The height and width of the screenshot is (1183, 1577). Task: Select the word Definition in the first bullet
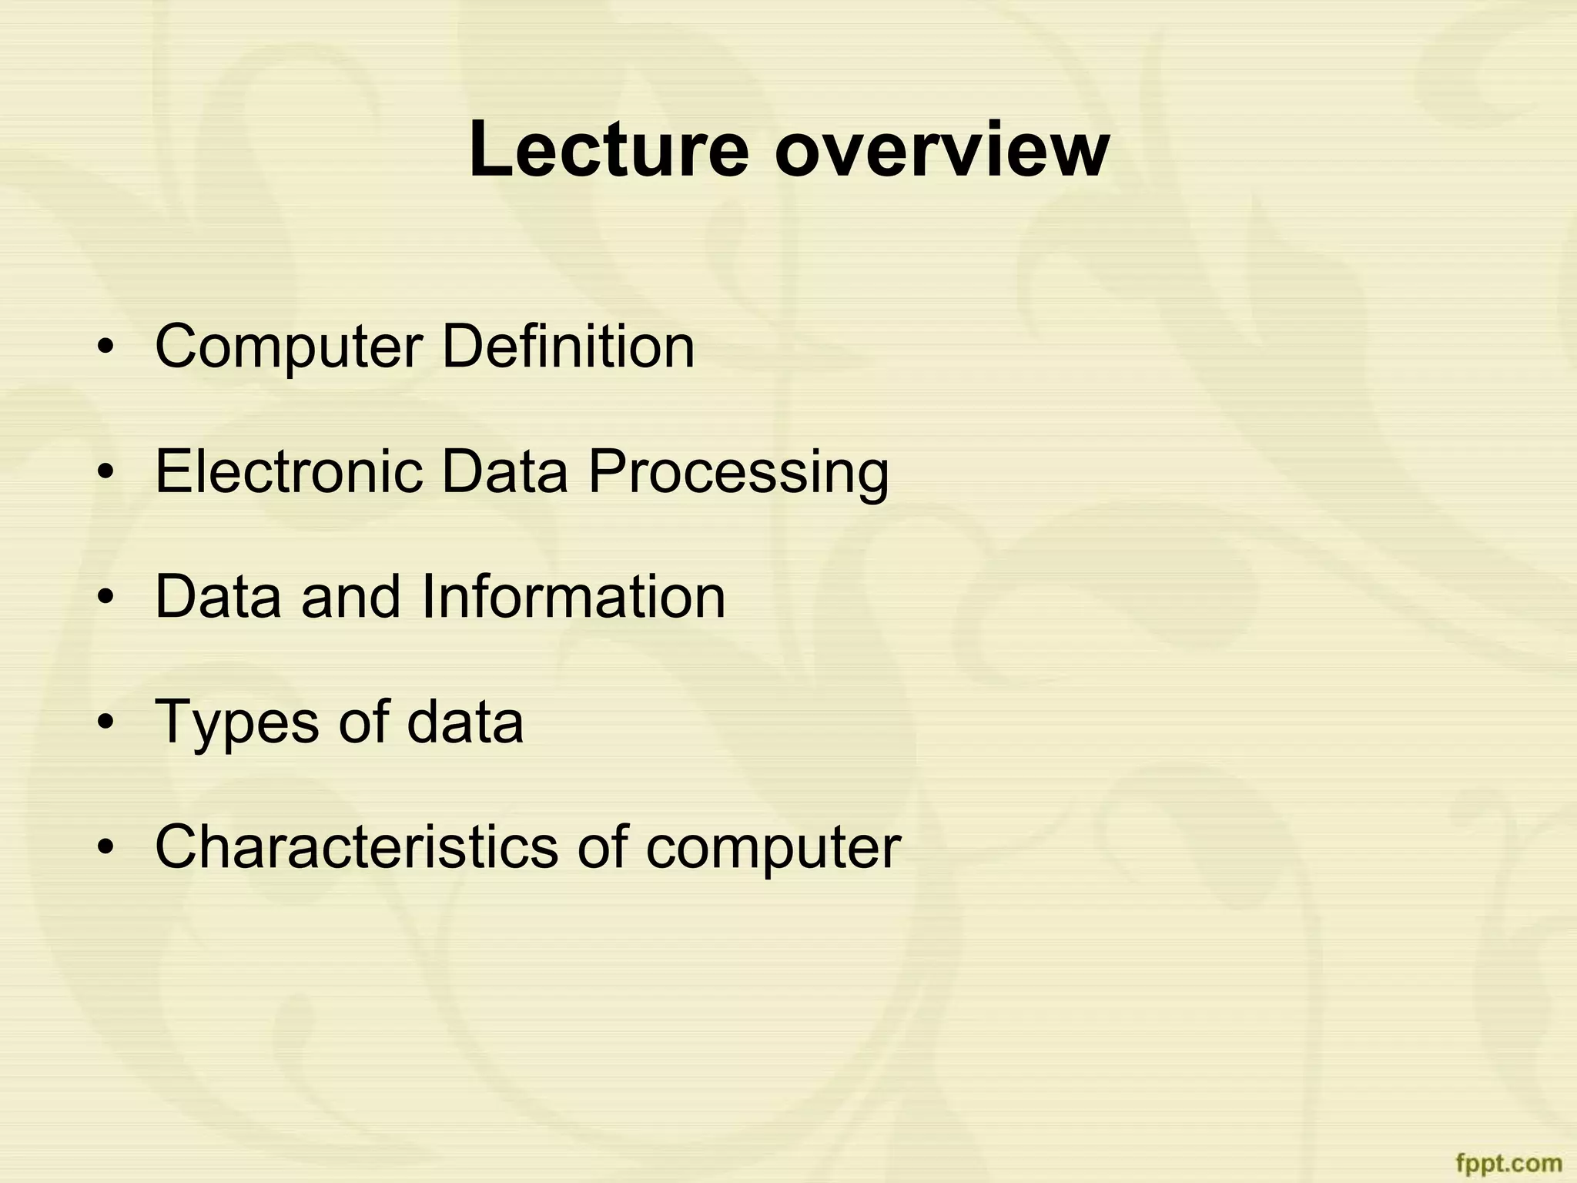[568, 347]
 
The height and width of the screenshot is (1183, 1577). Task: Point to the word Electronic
[289, 471]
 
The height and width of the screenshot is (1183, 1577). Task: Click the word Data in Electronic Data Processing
[504, 471]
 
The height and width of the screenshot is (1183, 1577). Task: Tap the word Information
[574, 596]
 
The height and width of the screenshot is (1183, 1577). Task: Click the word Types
[237, 722]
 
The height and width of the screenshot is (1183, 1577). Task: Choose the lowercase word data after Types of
[465, 721]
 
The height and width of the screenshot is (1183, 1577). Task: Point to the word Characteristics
[357, 846]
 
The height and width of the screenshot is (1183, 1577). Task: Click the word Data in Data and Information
[218, 596]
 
